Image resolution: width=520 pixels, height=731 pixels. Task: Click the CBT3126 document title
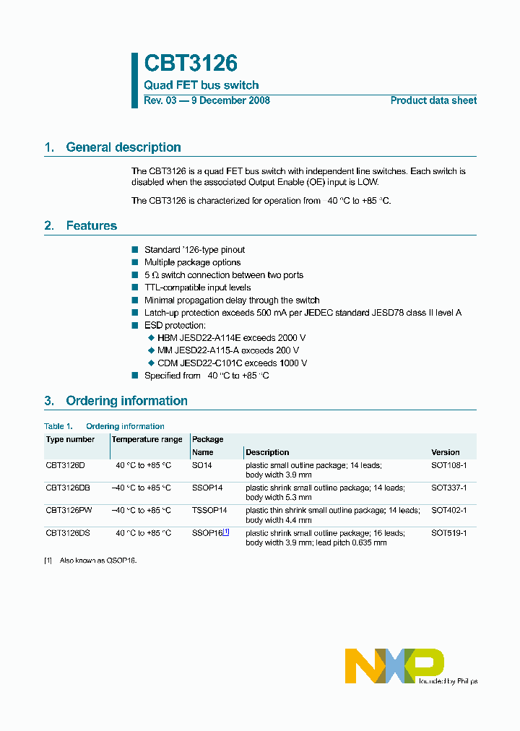pyautogui.click(x=191, y=64)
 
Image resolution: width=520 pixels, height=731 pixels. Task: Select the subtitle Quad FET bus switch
pyautogui.click(x=201, y=85)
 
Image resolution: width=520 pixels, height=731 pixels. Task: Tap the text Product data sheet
pyautogui.click(x=433, y=100)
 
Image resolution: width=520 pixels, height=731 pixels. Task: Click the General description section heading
pyautogui.click(x=123, y=147)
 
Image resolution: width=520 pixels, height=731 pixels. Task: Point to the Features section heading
pyautogui.click(x=91, y=226)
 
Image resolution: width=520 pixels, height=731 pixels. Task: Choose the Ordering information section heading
pyautogui.click(x=126, y=401)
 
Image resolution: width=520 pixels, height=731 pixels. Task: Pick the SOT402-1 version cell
pyautogui.click(x=448, y=510)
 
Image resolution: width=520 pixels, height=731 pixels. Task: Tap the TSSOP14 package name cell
pyautogui.click(x=209, y=510)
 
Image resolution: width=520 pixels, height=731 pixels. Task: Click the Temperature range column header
pyautogui.click(x=147, y=439)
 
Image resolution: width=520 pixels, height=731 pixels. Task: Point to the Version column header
pyautogui.click(x=445, y=452)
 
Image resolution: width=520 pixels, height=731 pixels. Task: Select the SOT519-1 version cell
pyautogui.click(x=448, y=533)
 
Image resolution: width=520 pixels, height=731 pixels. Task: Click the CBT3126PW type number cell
pyautogui.click(x=69, y=510)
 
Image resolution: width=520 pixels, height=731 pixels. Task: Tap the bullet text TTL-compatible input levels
pyautogui.click(x=197, y=287)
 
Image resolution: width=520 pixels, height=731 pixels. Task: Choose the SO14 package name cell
pyautogui.click(x=201, y=465)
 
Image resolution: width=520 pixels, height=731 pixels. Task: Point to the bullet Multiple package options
pyautogui.click(x=192, y=262)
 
